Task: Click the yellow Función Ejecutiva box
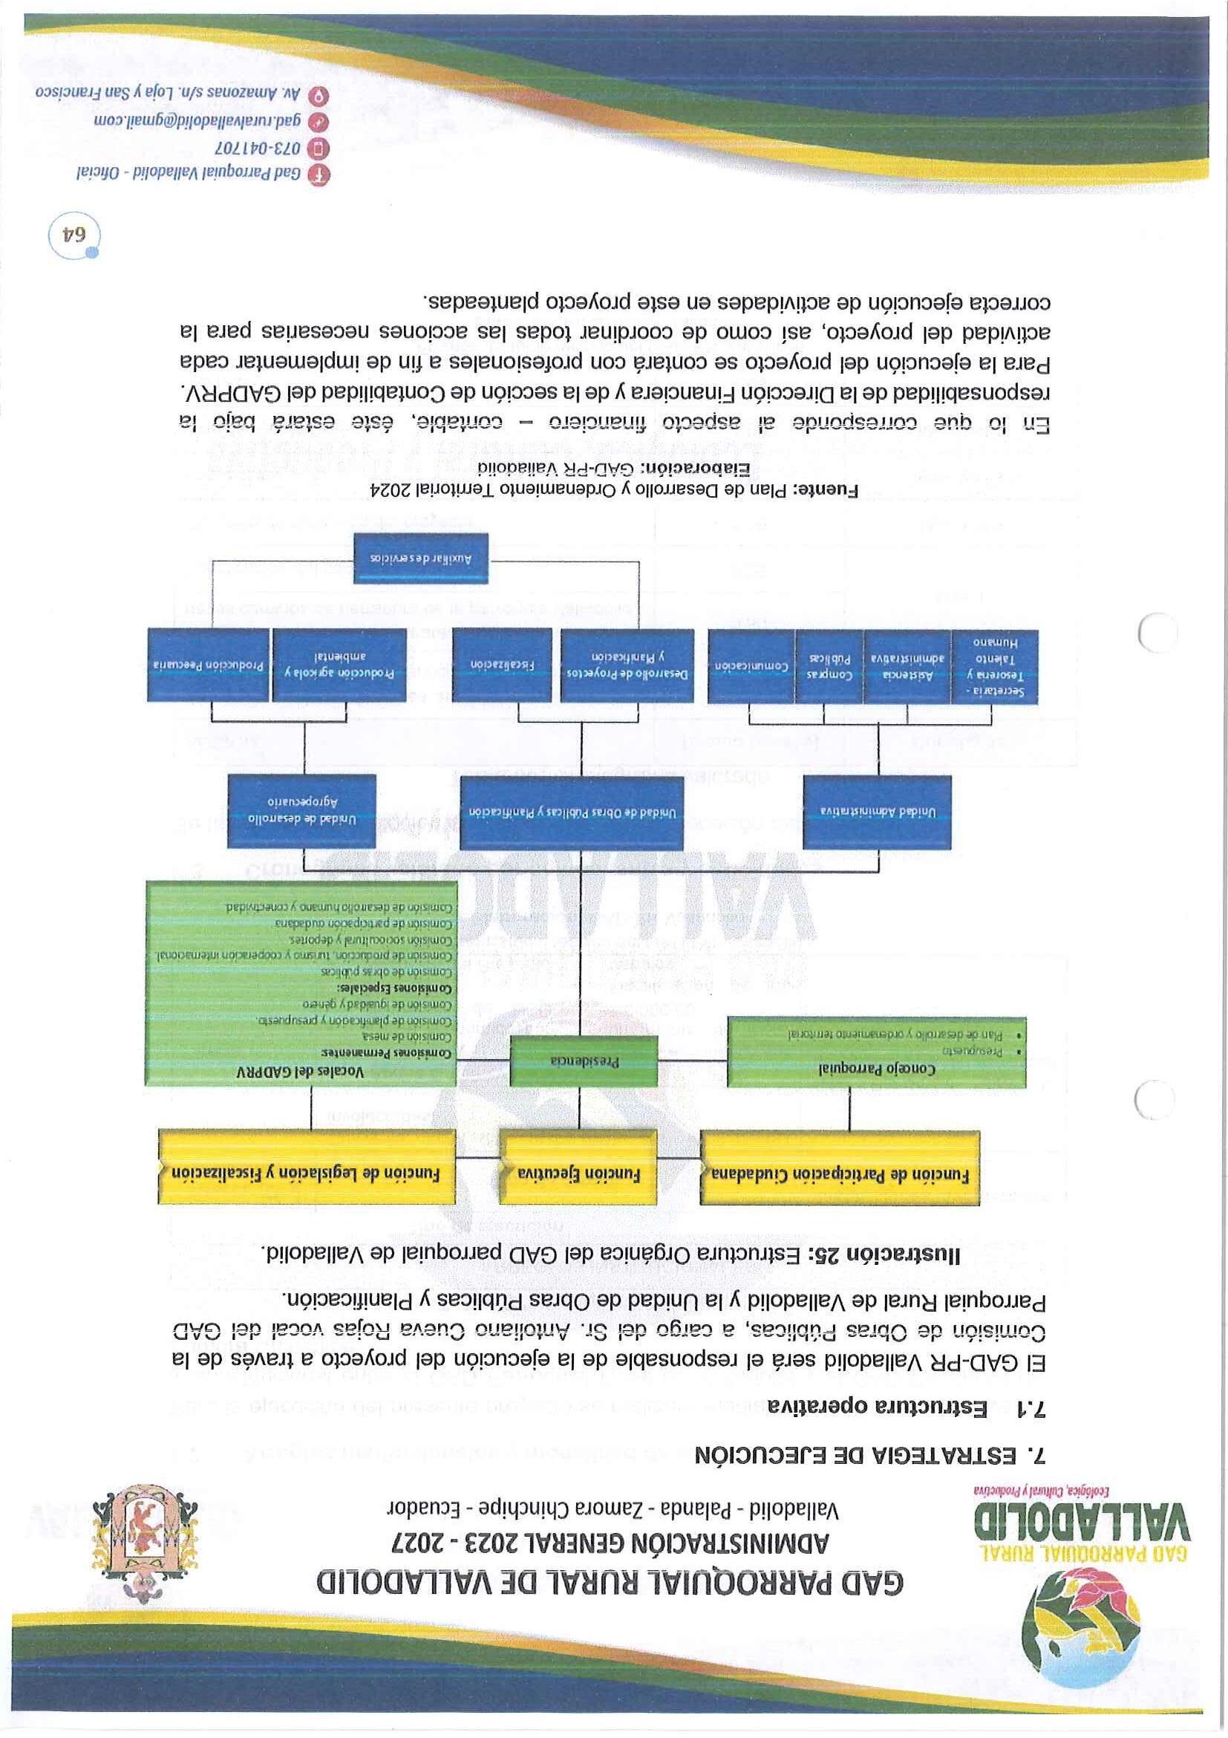[578, 1173]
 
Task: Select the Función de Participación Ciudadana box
[840, 1174]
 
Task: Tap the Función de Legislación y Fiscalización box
[307, 1173]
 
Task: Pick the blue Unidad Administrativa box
[878, 811]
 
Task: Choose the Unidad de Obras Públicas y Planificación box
[572, 812]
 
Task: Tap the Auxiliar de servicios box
[422, 558]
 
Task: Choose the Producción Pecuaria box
[209, 664]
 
